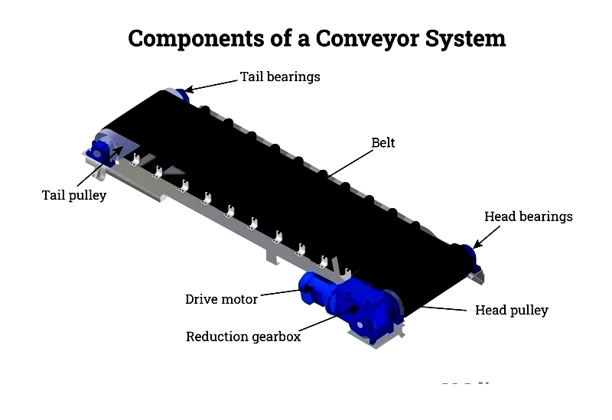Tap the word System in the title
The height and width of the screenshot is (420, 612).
[x=465, y=39]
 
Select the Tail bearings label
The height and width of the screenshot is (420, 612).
[x=280, y=77]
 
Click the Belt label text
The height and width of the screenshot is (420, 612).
[x=383, y=143]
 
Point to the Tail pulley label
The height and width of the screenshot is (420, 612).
[x=74, y=195]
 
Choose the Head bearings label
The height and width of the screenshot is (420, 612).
[x=529, y=217]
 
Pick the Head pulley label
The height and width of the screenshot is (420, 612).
[x=512, y=311]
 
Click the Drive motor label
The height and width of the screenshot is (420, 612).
[x=221, y=299]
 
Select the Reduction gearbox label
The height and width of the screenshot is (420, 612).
[x=243, y=337]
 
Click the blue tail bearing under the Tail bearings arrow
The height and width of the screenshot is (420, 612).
[x=183, y=95]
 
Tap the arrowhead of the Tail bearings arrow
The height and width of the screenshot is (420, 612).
[x=188, y=90]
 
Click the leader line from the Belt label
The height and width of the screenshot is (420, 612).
[x=350, y=164]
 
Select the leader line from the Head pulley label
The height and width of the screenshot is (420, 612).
[x=444, y=308]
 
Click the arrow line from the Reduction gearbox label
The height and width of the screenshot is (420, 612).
[x=329, y=318]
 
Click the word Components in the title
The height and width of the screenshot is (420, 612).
[x=196, y=39]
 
